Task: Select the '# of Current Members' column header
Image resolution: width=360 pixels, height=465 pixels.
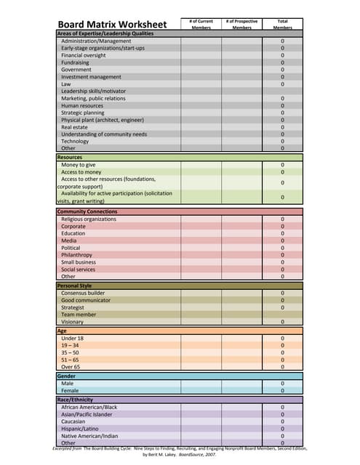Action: pyautogui.click(x=201, y=25)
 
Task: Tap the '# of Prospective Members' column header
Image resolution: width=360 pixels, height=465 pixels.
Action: pyautogui.click(x=241, y=25)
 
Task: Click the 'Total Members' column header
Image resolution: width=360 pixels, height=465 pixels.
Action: pyautogui.click(x=282, y=25)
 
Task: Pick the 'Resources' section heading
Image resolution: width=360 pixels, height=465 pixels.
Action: pyautogui.click(x=70, y=157)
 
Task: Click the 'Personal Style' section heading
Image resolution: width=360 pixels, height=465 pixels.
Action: pyautogui.click(x=75, y=286)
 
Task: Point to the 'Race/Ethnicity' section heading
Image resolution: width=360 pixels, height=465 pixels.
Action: pyautogui.click(x=76, y=400)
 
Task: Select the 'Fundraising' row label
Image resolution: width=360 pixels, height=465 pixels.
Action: pyautogui.click(x=76, y=62)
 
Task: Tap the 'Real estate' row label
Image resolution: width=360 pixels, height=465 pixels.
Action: pyautogui.click(x=76, y=126)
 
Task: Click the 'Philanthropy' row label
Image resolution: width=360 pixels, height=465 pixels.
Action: pyautogui.click(x=77, y=255)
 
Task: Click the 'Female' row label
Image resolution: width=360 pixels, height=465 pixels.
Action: pyautogui.click(x=71, y=390)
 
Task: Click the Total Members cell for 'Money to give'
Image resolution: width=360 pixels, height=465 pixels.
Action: pyautogui.click(x=282, y=165)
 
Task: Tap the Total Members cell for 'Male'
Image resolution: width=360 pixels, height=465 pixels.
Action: pyautogui.click(x=282, y=384)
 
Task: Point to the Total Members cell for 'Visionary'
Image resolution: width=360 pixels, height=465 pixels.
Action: pyautogui.click(x=282, y=322)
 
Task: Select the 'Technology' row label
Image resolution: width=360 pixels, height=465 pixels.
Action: pyautogui.click(x=75, y=141)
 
